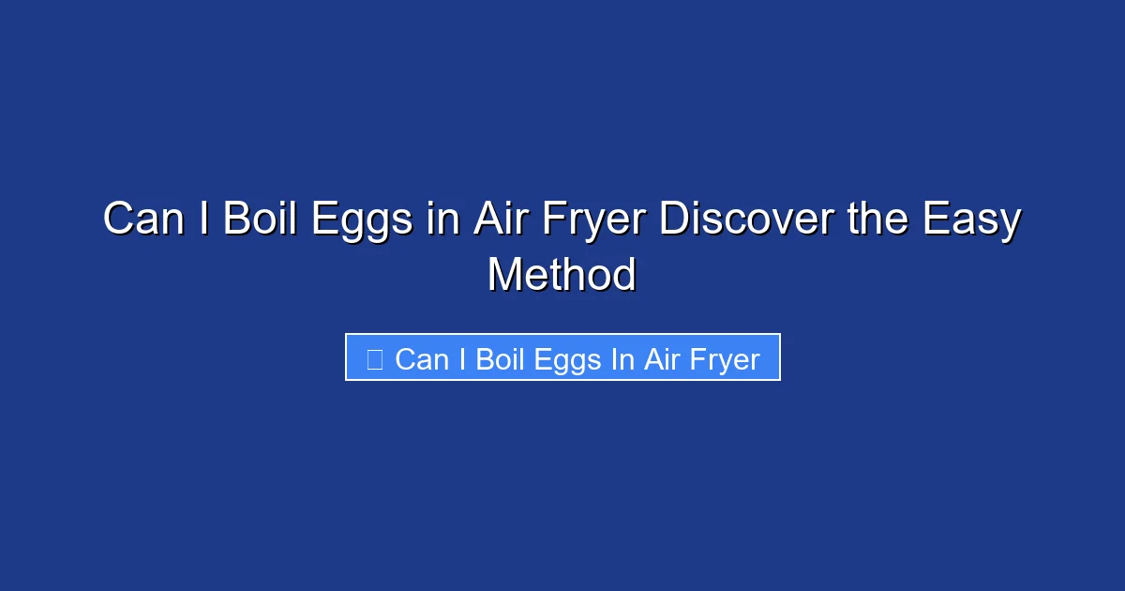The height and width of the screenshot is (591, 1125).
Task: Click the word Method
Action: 562,275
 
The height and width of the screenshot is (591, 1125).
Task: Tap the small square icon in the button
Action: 374,359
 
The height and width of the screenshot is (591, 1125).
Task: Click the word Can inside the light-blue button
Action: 422,359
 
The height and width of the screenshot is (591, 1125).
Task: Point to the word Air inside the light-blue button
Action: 660,359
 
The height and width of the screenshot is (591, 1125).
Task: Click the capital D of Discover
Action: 672,220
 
